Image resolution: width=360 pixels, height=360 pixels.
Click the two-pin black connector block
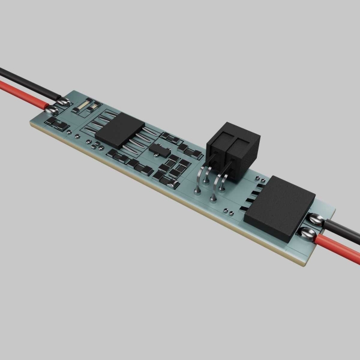[x=234, y=150]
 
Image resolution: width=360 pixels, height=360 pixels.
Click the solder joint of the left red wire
[x=51, y=109]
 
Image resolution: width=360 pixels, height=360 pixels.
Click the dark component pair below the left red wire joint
[x=58, y=124]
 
